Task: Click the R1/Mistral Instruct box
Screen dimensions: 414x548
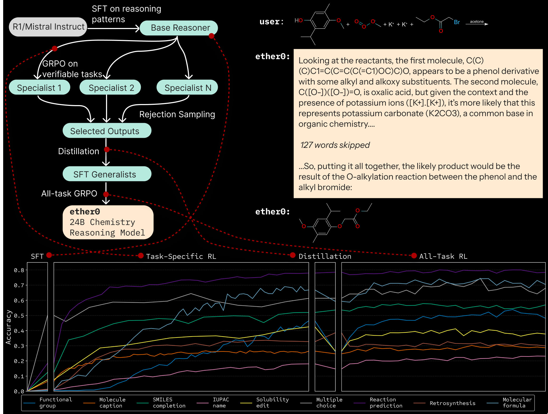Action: [x=48, y=27]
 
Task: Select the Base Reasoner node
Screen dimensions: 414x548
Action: [x=179, y=28]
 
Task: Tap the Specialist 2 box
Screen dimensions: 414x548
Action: [x=110, y=88]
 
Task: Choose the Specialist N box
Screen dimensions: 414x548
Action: [x=188, y=88]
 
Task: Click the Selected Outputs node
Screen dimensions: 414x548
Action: [x=107, y=131]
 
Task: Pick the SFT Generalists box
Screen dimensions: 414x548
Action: [x=107, y=174]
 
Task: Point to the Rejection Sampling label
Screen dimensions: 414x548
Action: [x=177, y=114]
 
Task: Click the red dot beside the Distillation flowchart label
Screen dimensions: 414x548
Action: [x=107, y=150]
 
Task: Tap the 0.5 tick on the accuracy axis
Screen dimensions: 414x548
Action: [x=19, y=316]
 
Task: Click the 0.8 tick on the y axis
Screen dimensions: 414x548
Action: [x=19, y=270]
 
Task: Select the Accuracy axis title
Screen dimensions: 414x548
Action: [x=8, y=327]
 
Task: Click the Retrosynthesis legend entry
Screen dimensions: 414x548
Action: [x=452, y=403]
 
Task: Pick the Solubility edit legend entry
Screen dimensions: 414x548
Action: [x=272, y=403]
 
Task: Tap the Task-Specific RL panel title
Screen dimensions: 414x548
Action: [x=181, y=256]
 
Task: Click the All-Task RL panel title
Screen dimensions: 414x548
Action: [x=443, y=256]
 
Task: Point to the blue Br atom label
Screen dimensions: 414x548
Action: [x=457, y=22]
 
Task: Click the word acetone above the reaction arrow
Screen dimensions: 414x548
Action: [x=477, y=22]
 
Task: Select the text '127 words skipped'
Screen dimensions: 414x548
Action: [x=335, y=145]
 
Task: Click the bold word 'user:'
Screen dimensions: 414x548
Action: [x=271, y=22]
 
